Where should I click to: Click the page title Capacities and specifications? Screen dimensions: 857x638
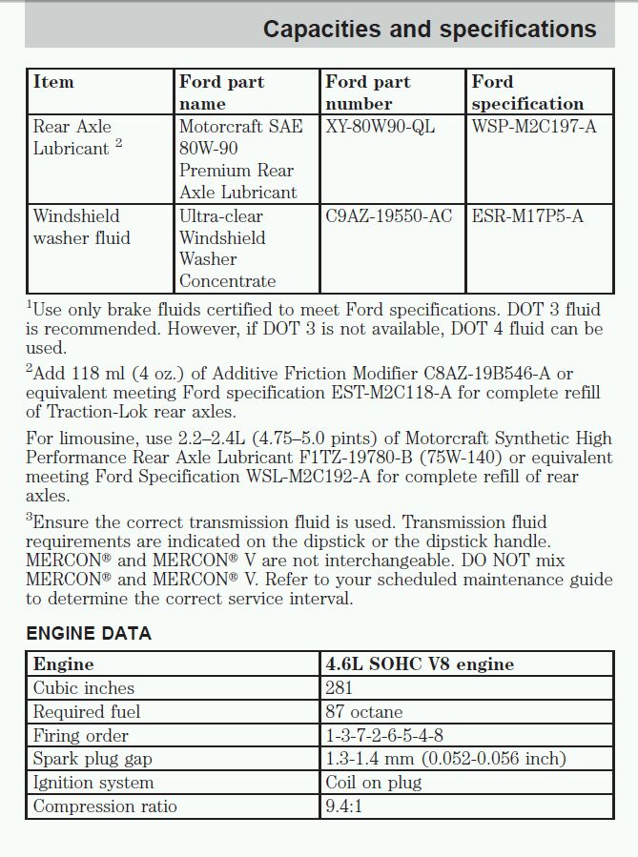click(429, 30)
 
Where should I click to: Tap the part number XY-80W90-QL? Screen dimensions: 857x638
click(380, 127)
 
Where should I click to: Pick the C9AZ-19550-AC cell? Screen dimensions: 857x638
click(388, 216)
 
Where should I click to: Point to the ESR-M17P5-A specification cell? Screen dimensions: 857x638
click(527, 216)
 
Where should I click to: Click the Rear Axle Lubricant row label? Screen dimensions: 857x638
click(76, 137)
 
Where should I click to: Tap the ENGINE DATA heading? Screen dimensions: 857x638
click(88, 634)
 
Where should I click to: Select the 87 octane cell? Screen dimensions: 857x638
click(364, 711)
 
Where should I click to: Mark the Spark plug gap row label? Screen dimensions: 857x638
click(93, 759)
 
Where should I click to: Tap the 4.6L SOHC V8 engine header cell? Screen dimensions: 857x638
click(420, 663)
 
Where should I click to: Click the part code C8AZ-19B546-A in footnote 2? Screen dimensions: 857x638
click(488, 373)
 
